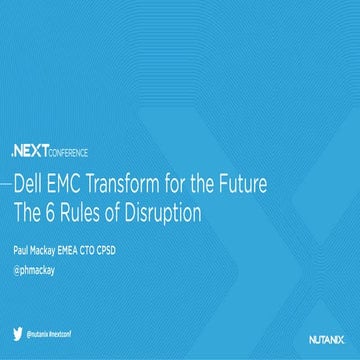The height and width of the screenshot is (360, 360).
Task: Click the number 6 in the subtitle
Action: (70, 212)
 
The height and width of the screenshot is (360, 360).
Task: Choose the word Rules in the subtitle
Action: (105, 212)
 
